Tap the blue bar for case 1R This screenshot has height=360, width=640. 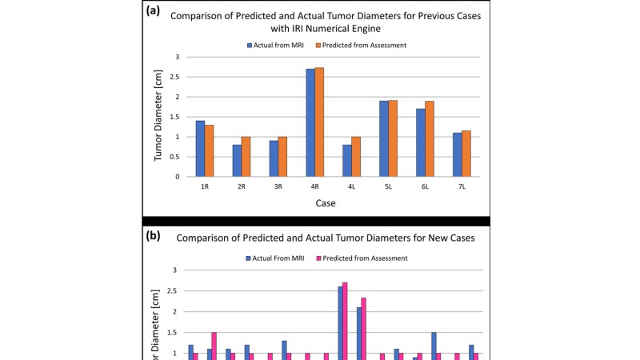pyautogui.click(x=200, y=148)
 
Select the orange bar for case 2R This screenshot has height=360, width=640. pyautogui.click(x=246, y=156)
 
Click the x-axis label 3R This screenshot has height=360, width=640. pyautogui.click(x=278, y=186)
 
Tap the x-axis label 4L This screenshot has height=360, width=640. pyautogui.click(x=352, y=186)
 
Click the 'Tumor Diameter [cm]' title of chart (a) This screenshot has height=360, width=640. pyautogui.click(x=158, y=117)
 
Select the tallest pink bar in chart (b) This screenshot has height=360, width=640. pyautogui.click(x=345, y=320)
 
